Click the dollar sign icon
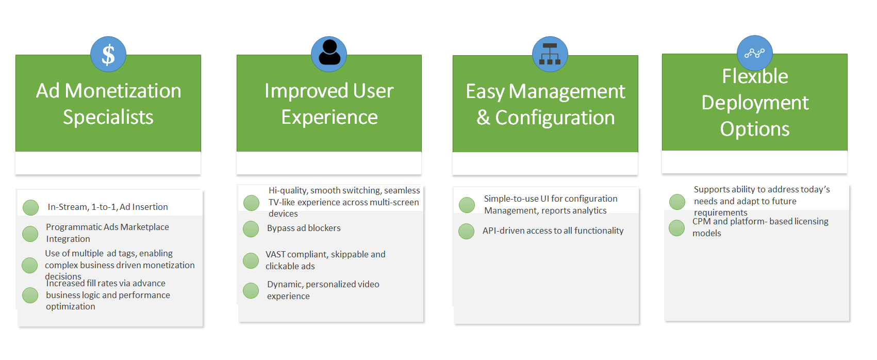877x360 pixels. (108, 54)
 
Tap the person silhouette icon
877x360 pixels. (329, 54)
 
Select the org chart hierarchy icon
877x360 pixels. (550, 54)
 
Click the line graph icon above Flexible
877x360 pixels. (754, 53)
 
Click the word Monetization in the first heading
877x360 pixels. (123, 91)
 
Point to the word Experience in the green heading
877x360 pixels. (329, 118)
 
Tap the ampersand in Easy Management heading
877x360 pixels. (483, 118)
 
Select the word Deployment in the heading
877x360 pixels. (755, 103)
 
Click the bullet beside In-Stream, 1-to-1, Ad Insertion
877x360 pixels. (30, 208)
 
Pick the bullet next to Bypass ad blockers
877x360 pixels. (251, 229)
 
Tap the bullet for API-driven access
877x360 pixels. (466, 231)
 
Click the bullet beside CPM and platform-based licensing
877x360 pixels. (676, 227)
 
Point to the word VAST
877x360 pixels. (276, 255)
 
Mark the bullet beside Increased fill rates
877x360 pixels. (30, 295)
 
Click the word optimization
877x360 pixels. (71, 307)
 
